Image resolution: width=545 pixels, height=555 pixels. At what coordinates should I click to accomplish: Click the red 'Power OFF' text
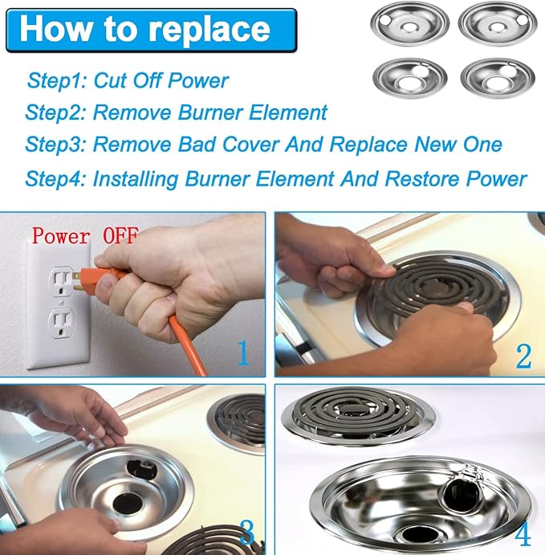[x=84, y=235]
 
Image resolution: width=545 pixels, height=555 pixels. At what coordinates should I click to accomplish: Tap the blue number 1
[x=243, y=353]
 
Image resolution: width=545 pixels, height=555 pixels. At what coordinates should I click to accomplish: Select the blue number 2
[x=523, y=355]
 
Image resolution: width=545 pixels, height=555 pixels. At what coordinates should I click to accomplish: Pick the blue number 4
[x=523, y=533]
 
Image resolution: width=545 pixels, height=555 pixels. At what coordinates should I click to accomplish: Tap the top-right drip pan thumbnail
[x=498, y=24]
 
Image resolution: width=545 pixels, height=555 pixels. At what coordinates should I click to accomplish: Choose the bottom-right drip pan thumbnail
[x=498, y=77]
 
